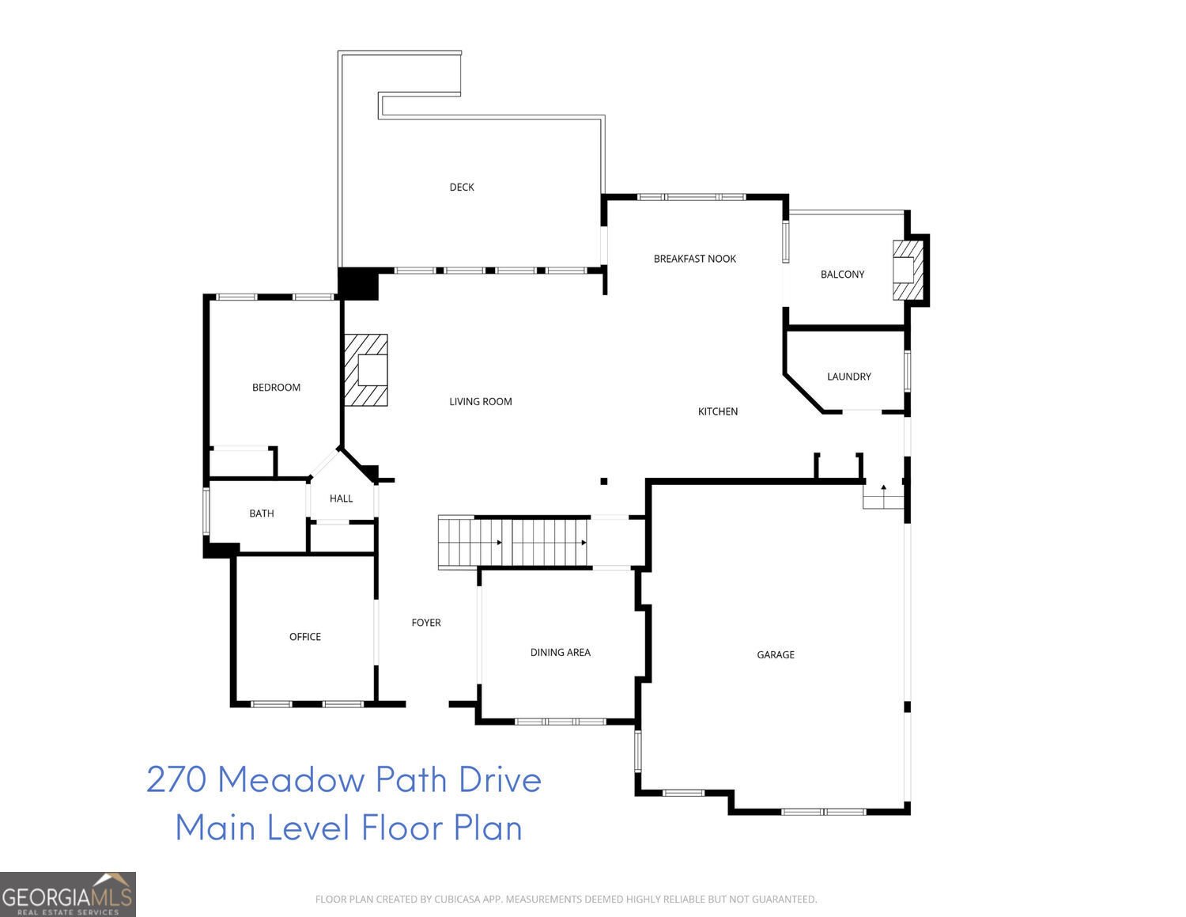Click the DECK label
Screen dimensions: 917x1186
462,188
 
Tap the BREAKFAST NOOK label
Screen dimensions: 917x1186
694,259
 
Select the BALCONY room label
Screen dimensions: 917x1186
842,275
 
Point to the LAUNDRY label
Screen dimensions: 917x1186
848,377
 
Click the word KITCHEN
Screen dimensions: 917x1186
717,411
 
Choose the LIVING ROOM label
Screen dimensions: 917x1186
480,402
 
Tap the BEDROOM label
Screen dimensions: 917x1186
276,388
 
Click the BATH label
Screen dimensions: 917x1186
261,513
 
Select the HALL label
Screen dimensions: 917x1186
341,498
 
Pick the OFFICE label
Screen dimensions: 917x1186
304,637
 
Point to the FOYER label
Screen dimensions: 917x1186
425,623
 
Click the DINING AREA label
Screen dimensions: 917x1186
560,653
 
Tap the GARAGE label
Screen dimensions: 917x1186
775,655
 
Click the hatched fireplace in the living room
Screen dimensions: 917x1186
365,369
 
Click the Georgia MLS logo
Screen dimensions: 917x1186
68,895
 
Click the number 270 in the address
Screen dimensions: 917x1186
176,779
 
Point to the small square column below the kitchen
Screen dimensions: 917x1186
603,481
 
